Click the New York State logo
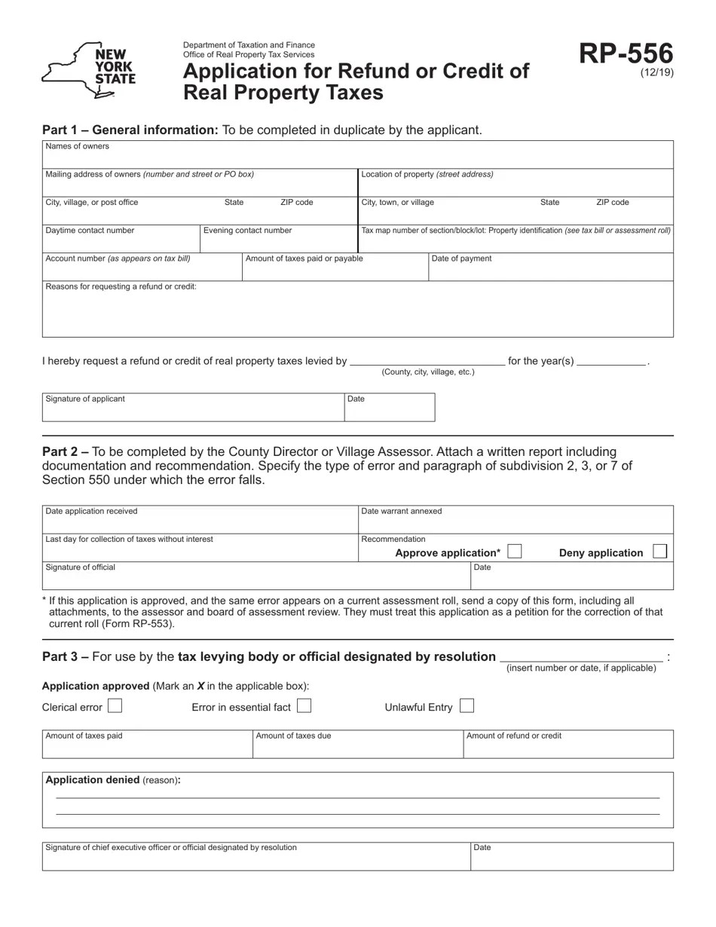88,70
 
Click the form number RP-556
626,54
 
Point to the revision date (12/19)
657,72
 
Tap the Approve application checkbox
515,552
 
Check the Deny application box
659,552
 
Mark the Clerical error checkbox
115,706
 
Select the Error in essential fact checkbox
304,706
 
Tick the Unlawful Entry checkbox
467,706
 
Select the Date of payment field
550,270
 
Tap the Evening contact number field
278,241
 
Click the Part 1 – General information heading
130,130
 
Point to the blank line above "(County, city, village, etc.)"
427,361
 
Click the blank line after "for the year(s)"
611,361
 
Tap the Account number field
142,270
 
